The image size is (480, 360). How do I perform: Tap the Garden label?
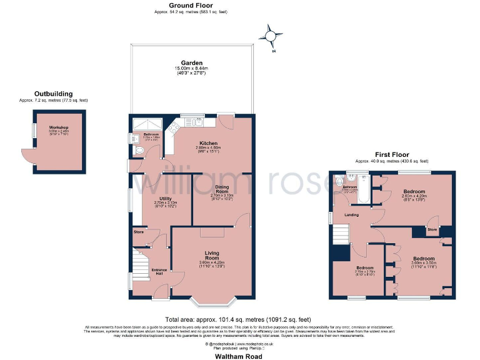point(191,63)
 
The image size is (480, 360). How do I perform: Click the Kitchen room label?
point(207,142)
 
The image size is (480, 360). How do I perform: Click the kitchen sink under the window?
point(198,121)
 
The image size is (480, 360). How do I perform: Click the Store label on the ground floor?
point(139,232)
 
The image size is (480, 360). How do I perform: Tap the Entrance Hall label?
point(161,272)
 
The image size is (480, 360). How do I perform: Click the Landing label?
point(352,216)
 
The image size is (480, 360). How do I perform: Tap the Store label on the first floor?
point(432,230)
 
